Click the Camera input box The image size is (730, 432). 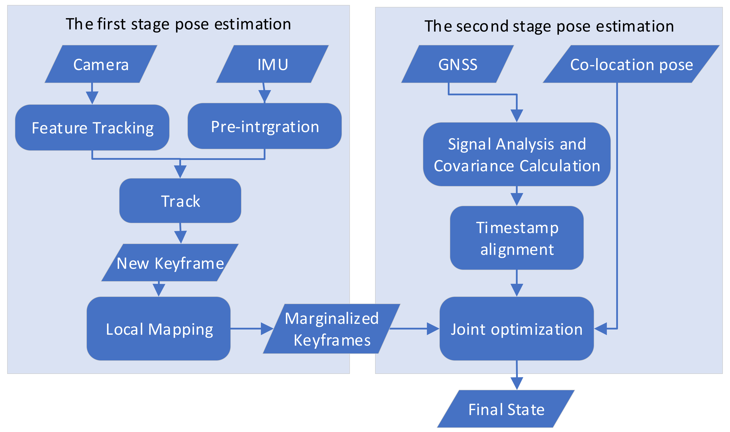click(101, 64)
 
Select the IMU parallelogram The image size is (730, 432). click(272, 64)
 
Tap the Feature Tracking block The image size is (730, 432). click(92, 128)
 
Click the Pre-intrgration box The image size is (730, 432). click(265, 126)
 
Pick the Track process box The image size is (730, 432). click(180, 201)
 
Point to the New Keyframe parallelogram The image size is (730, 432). click(170, 263)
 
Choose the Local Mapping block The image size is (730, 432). click(159, 329)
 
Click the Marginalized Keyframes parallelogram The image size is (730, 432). click(331, 329)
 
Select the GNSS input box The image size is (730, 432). click(457, 64)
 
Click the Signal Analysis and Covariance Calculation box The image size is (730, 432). click(517, 154)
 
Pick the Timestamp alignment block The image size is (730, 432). click(517, 238)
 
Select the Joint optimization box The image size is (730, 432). click(517, 329)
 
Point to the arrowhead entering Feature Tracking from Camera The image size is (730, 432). click(92, 97)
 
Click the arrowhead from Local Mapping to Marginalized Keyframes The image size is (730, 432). click(267, 329)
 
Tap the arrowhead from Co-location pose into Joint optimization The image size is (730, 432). click(601, 329)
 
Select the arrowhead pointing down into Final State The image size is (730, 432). click(517, 383)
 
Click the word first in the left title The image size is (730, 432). click(112, 24)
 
